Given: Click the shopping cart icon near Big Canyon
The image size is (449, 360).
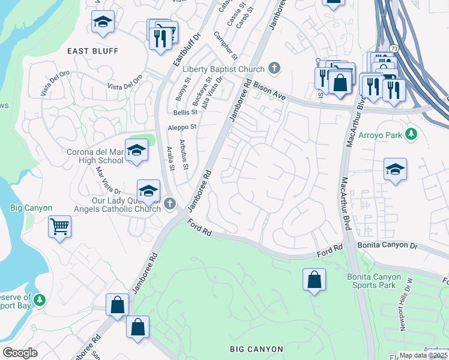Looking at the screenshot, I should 59,227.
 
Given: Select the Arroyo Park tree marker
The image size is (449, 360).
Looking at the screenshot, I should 411,133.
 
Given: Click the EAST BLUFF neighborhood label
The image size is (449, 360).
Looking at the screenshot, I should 93,50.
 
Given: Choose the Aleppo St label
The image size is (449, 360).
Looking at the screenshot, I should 182,127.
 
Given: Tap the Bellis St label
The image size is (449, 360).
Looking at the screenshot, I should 185,112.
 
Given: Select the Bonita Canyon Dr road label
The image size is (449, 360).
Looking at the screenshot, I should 387,246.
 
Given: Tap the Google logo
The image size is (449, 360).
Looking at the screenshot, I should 20,352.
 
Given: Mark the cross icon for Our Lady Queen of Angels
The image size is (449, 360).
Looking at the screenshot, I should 170,203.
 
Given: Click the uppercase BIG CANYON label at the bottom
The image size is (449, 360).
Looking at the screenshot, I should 256,349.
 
